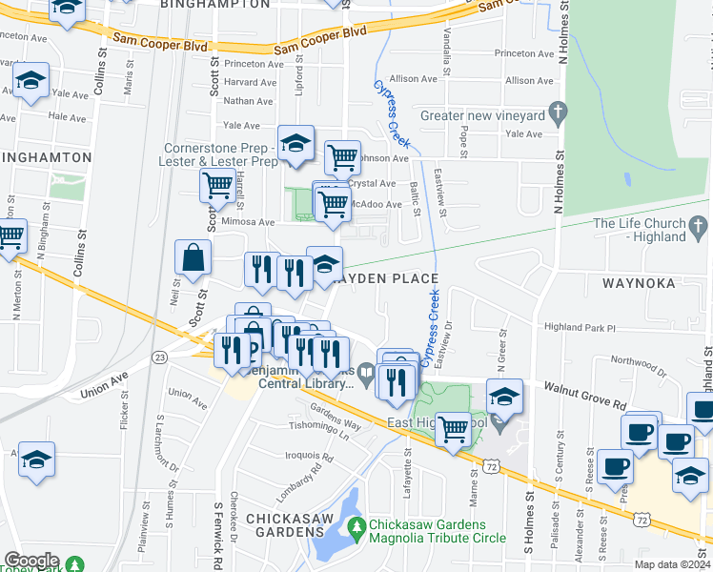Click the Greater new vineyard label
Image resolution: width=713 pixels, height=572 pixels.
pos(482,115)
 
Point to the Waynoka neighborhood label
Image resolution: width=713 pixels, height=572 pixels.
pos(639,283)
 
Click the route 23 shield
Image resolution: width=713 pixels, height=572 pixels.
pos(160,357)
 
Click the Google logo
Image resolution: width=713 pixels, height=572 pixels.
pos(31,561)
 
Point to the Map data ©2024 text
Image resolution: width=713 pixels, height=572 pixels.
pos(672,564)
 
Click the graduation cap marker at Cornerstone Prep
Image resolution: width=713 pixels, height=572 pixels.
pos(296,144)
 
